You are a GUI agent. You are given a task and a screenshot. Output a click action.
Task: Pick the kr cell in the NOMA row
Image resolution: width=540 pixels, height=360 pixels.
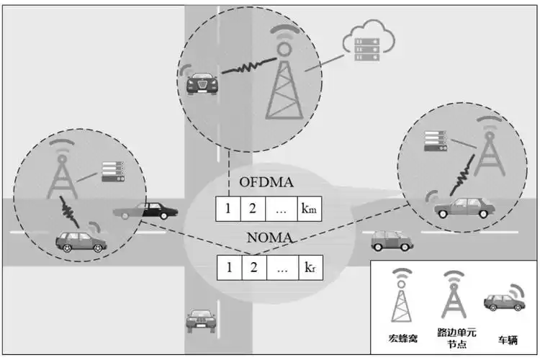tap(308, 268)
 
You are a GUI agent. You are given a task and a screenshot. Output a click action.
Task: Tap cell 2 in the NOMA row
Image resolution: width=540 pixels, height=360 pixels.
tap(253, 268)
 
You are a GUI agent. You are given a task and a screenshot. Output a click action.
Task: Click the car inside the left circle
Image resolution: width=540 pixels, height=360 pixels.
tap(81, 240)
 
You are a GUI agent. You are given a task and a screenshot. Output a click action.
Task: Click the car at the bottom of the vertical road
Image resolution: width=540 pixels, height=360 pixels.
tap(200, 319)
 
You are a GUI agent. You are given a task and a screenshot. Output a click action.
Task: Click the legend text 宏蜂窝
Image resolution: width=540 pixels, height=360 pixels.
tap(402, 338)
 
